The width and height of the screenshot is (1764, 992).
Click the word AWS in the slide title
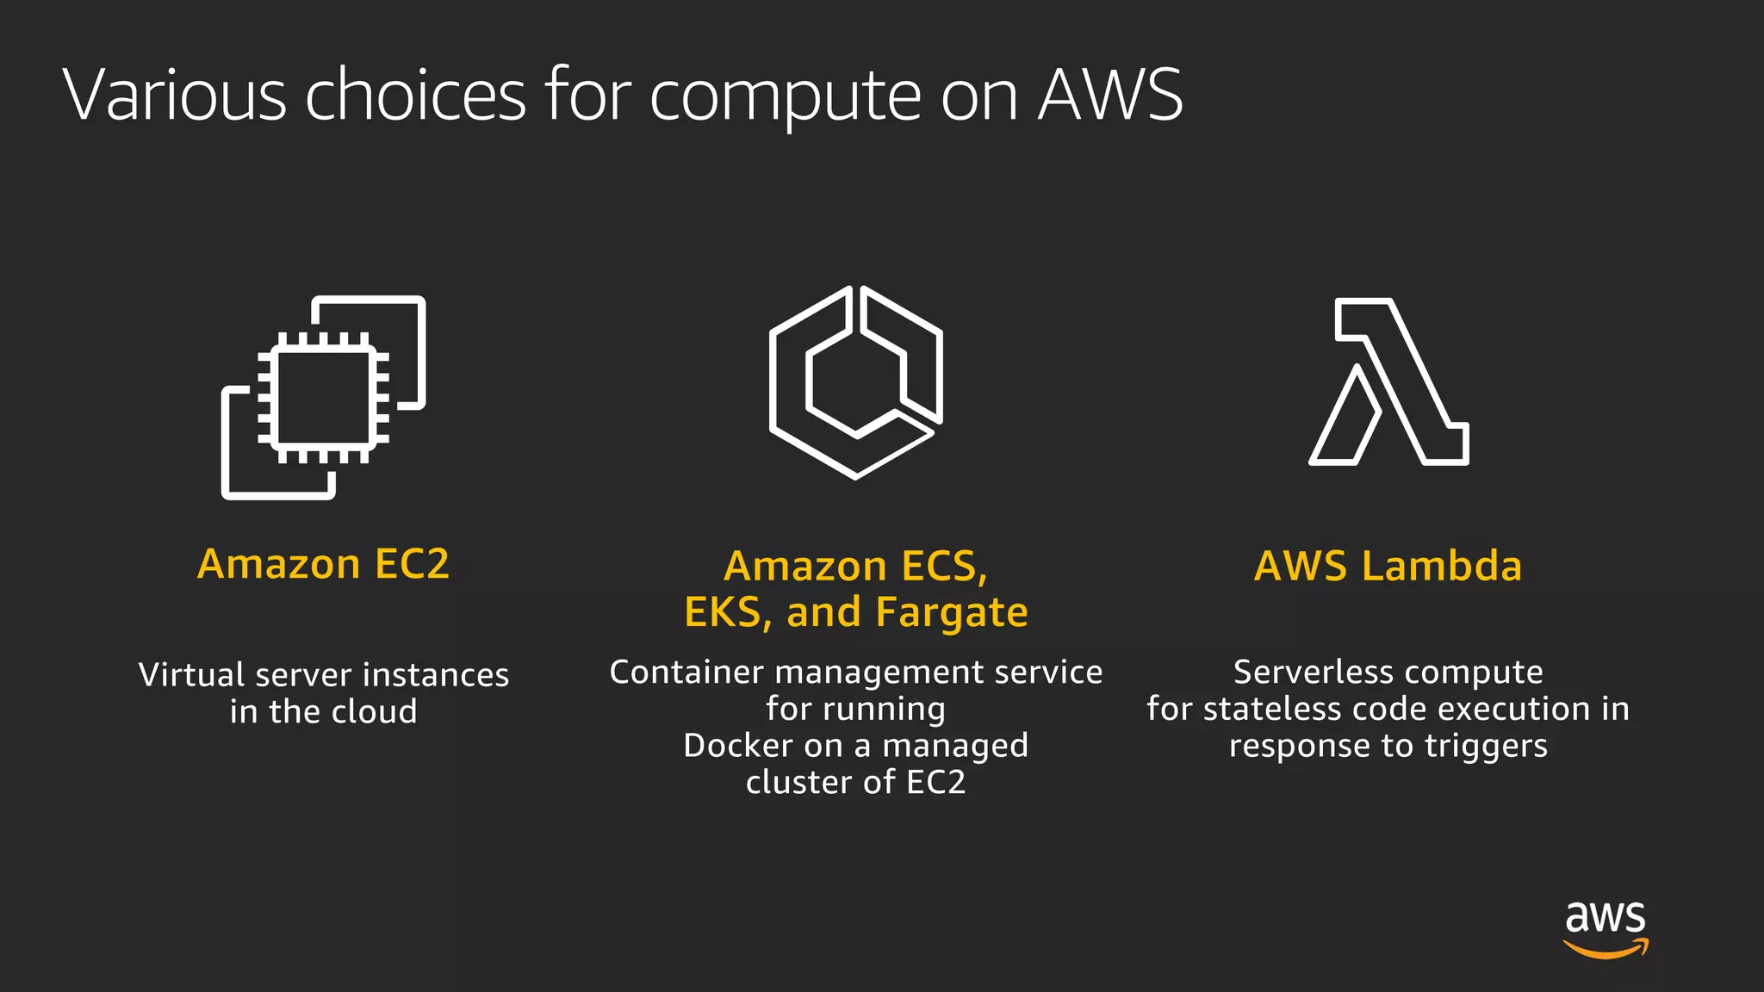[x=1110, y=95]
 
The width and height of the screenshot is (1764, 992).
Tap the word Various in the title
[x=174, y=95]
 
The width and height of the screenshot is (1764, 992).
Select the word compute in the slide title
[x=785, y=96]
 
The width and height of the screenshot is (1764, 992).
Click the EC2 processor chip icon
[x=323, y=397]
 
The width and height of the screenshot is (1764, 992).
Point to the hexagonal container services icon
[x=855, y=381]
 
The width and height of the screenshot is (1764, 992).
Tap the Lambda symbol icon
[x=1388, y=381]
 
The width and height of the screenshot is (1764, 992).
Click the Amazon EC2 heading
[x=323, y=564]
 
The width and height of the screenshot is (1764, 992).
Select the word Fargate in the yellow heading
[x=951, y=612]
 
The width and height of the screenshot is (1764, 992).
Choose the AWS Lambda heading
[x=1388, y=566]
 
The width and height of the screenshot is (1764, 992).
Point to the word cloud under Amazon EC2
[x=374, y=711]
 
